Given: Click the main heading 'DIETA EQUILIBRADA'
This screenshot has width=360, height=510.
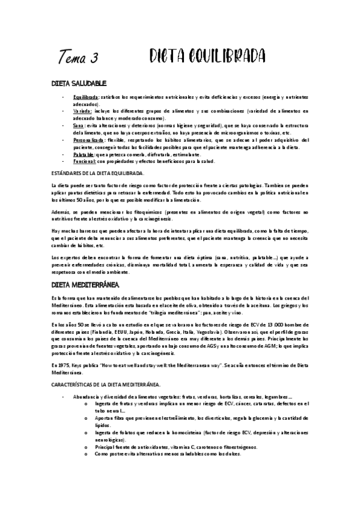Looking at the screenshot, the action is click(x=207, y=56).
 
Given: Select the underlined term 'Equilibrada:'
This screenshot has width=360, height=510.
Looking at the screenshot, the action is click(x=86, y=96).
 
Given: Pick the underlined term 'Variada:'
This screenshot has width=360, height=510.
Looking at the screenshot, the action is click(x=82, y=111).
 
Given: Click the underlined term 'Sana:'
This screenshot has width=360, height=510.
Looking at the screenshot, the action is click(x=79, y=126).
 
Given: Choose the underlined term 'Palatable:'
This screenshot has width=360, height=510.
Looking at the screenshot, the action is click(x=84, y=155).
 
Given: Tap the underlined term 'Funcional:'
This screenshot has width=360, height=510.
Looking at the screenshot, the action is click(x=84, y=162).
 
